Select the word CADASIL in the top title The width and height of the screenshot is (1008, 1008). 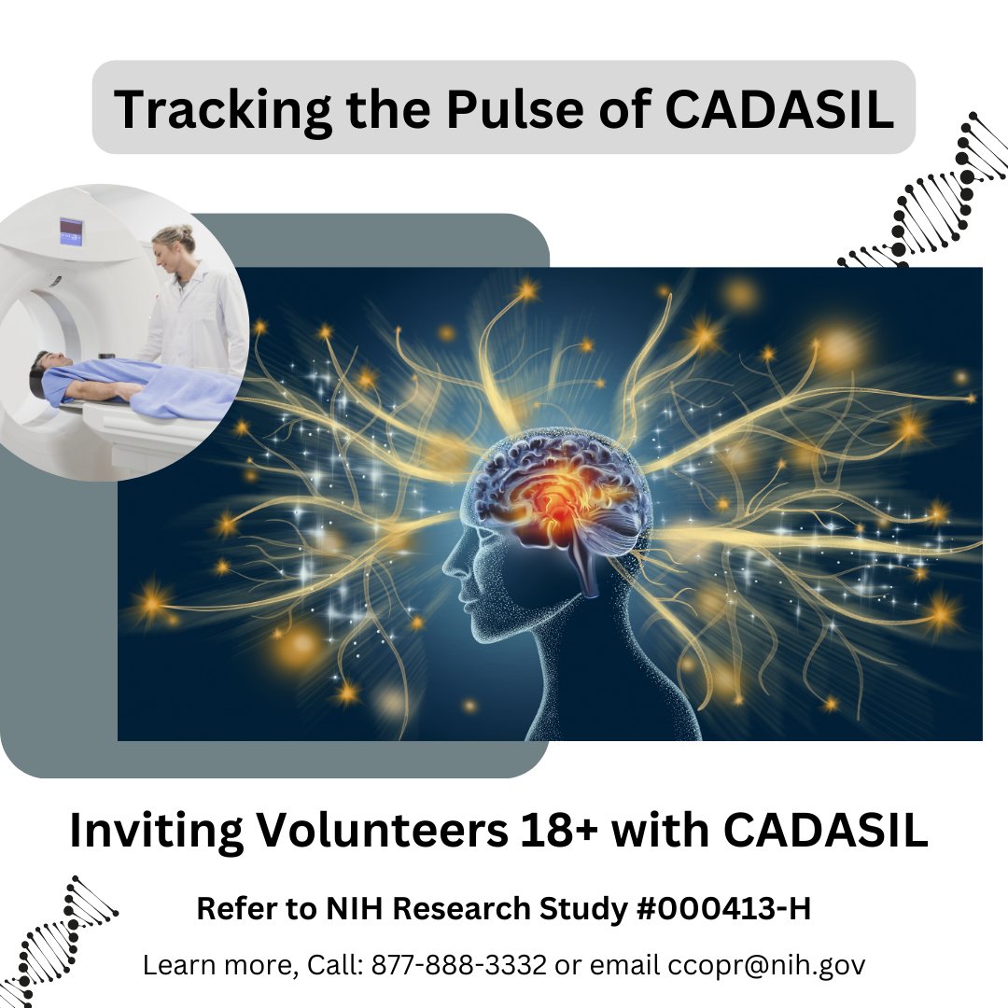(779, 108)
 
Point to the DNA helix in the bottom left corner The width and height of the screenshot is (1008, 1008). (56, 938)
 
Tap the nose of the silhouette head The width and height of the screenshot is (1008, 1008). (445, 564)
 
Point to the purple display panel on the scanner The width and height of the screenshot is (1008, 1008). (72, 229)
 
